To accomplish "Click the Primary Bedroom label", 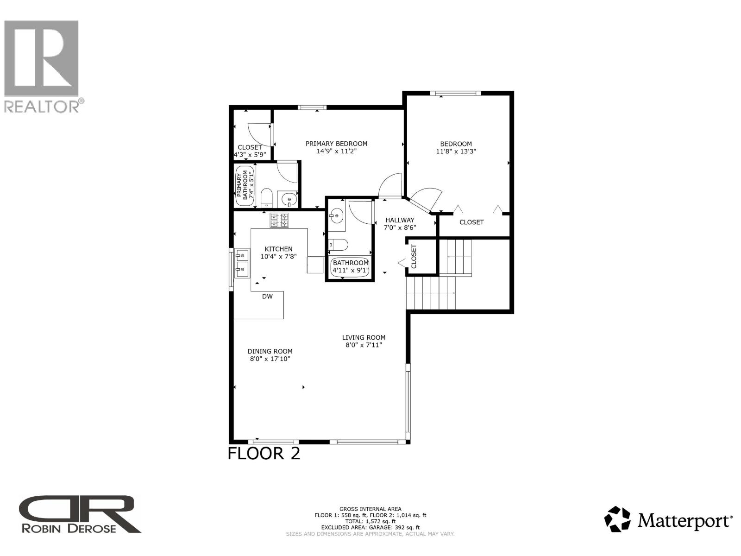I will (x=336, y=144).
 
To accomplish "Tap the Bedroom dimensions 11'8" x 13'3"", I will (x=456, y=151).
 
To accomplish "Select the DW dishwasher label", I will (x=267, y=297).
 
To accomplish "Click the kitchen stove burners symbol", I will (x=279, y=220).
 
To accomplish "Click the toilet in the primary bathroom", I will (x=266, y=198).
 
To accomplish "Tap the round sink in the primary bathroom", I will (x=289, y=200).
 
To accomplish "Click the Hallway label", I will (x=400, y=220).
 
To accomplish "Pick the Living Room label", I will (x=364, y=338).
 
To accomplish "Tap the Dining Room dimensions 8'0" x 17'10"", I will (x=270, y=359).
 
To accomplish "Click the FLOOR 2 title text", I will (x=264, y=453).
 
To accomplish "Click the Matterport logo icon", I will (x=617, y=519).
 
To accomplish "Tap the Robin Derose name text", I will (x=69, y=528).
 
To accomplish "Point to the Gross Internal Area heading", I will (x=370, y=509).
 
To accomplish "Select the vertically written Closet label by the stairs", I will (x=414, y=256).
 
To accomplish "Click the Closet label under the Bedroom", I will (x=471, y=222).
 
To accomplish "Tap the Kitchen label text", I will (x=278, y=249).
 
